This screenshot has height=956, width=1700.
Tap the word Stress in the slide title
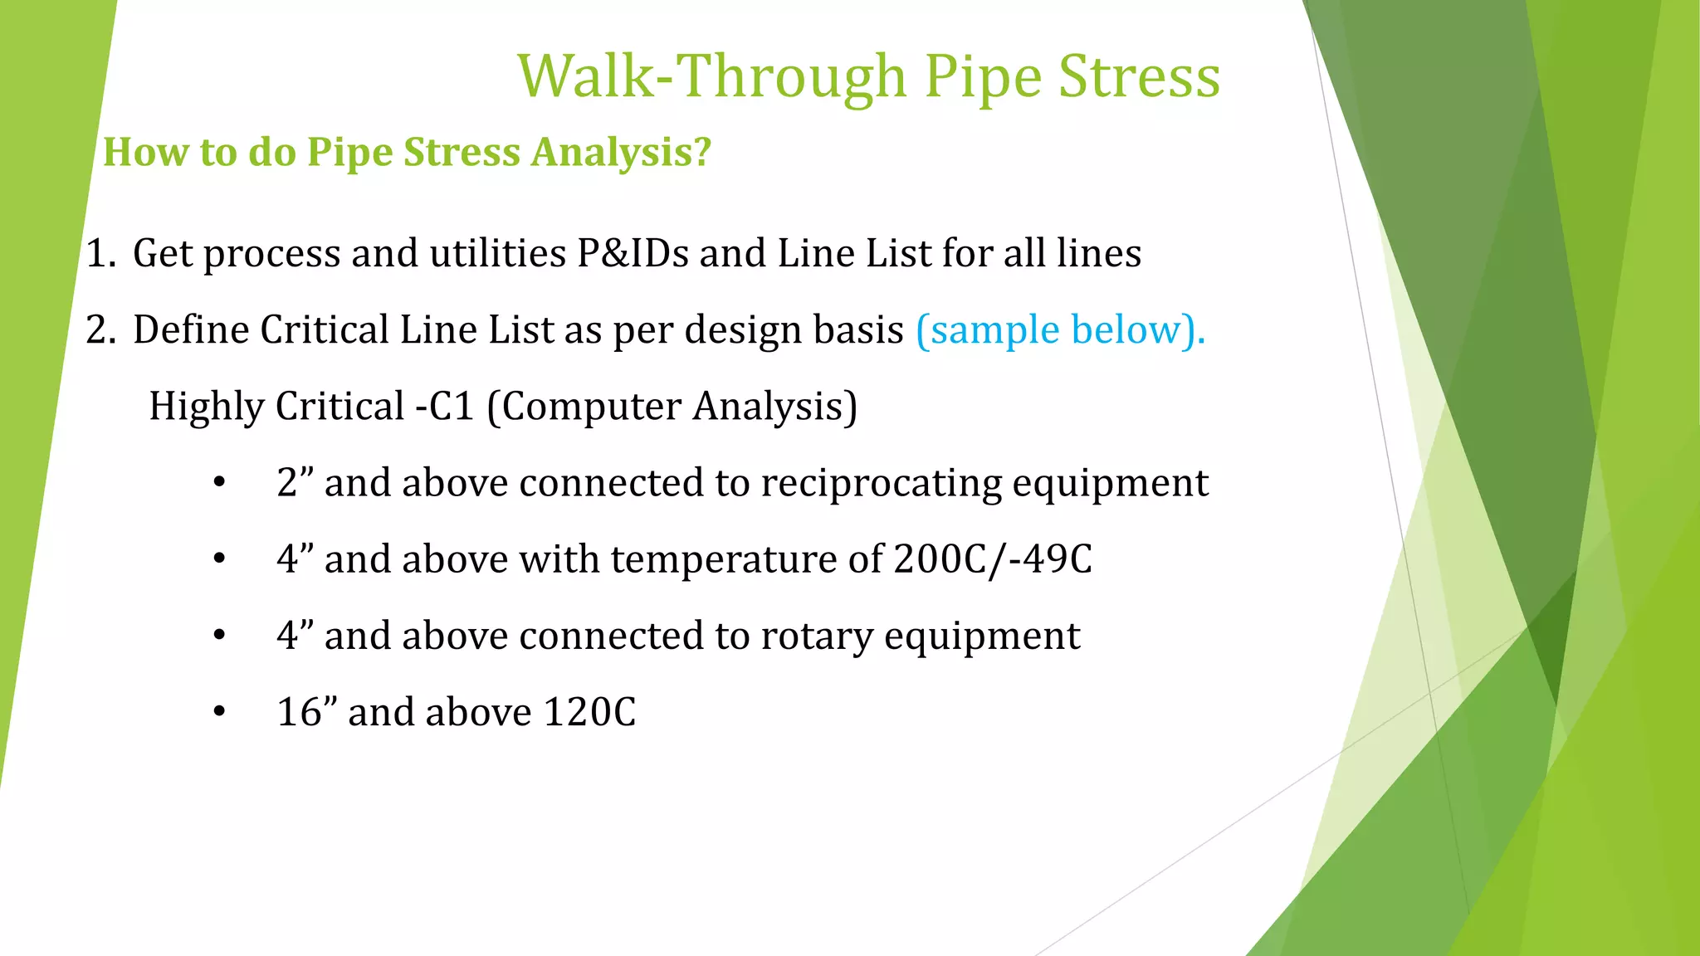click(1139, 76)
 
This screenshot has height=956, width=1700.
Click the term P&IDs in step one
click(633, 253)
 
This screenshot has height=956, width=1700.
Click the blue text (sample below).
click(1060, 329)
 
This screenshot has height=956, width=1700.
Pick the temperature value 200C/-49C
click(993, 558)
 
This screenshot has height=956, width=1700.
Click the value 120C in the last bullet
click(589, 712)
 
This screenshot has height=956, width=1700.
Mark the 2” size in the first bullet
click(295, 483)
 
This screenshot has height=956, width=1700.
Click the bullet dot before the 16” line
click(219, 712)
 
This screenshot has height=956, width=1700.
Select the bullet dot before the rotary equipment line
click(219, 636)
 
